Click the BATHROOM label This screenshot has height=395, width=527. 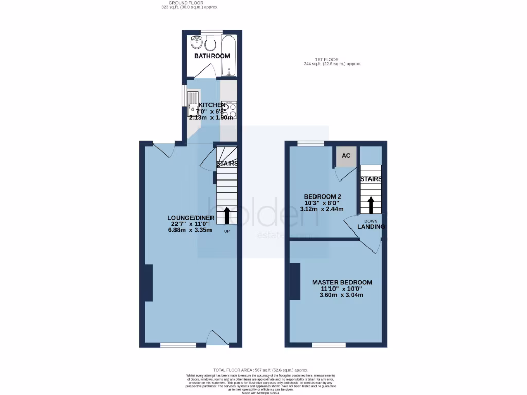[x=212, y=56]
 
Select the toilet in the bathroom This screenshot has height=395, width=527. [x=209, y=44]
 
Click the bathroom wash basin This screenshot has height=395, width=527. [x=196, y=42]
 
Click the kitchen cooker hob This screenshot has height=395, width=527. [x=230, y=111]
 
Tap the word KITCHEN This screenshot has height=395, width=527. [x=212, y=105]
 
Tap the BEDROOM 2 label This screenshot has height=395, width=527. [x=323, y=196]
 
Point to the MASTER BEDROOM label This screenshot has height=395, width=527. [x=342, y=282]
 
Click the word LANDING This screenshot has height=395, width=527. [x=371, y=226]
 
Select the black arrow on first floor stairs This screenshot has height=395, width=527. [x=370, y=205]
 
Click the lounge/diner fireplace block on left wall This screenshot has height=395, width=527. [x=148, y=283]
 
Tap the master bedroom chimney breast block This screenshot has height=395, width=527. [x=295, y=281]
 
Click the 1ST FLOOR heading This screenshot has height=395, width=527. [x=331, y=59]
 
